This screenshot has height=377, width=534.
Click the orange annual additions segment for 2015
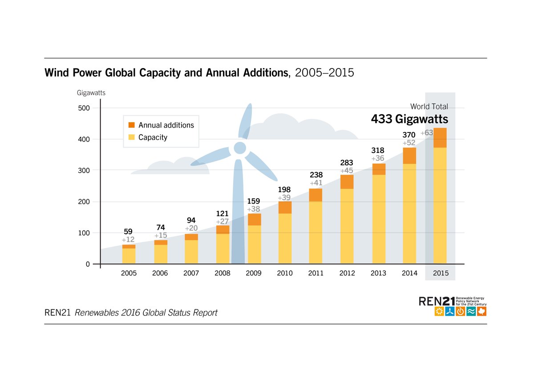pos(440,138)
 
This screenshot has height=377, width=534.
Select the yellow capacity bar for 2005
pos(129,256)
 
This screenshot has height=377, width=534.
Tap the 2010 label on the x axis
pos(285,273)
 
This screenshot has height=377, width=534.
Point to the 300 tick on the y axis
pos(84,170)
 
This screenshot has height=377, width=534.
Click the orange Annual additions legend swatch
pos(131,125)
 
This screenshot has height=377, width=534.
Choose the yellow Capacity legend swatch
pos(131,137)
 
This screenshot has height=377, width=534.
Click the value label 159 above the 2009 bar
pos(254,201)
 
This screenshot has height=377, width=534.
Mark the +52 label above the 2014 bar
pos(409,143)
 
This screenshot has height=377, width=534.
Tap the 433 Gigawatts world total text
pos(409,120)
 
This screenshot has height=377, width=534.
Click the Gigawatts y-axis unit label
pos(91,93)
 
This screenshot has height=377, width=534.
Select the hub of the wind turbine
pos(240,148)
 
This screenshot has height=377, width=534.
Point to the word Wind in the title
pos(56,73)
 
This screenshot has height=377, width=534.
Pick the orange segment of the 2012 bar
pos(347,182)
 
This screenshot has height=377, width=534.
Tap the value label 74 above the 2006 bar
pos(160,228)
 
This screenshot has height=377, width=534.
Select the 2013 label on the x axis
pos(378,273)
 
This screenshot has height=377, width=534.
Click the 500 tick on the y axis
pos(84,108)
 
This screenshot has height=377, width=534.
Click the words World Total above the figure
pos(429,107)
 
